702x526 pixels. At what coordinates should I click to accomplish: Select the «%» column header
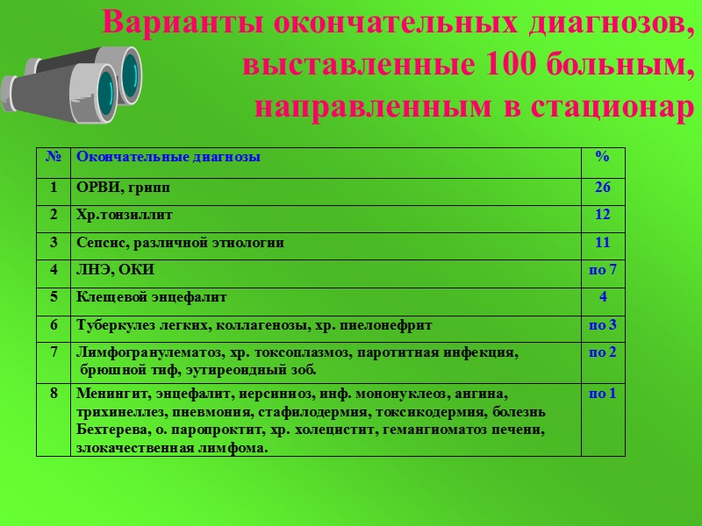[602, 157]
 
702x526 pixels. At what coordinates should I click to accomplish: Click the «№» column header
[53, 157]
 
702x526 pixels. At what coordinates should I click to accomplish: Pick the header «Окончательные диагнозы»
[168, 157]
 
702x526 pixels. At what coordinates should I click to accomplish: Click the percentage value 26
[602, 187]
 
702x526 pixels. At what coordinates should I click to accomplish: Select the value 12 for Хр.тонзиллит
[602, 215]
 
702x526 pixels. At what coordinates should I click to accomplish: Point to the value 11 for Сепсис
[602, 242]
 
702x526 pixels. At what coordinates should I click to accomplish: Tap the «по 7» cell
[602, 269]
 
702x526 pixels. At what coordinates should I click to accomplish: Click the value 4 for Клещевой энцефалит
[602, 297]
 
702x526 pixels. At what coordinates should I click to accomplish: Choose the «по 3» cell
[602, 325]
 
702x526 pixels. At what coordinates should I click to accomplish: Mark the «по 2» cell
[602, 352]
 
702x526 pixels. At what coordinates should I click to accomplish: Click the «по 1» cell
[602, 394]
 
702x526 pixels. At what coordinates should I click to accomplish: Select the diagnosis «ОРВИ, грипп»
[124, 187]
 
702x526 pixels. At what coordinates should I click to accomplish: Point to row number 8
[54, 394]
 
